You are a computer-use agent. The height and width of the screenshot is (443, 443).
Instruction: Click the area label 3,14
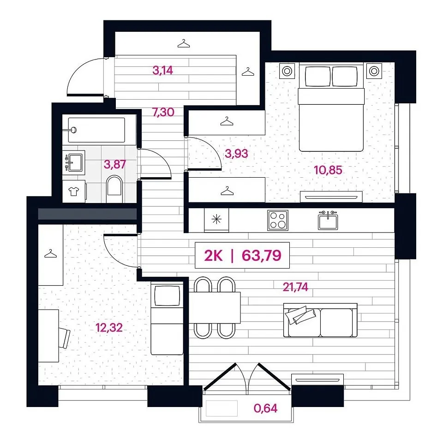click(x=162, y=70)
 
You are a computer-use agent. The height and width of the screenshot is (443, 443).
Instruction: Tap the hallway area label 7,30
click(x=163, y=113)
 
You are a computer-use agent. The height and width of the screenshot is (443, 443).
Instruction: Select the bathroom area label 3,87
click(x=114, y=164)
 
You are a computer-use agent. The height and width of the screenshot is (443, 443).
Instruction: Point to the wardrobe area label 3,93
click(x=236, y=154)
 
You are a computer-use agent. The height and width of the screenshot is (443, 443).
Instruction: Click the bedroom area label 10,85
click(x=328, y=170)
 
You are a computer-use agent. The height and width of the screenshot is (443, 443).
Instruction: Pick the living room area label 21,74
click(x=295, y=287)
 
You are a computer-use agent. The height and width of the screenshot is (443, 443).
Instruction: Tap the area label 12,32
click(x=109, y=328)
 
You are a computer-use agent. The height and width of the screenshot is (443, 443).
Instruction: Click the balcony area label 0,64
click(x=266, y=408)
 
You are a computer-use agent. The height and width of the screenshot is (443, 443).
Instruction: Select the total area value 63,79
click(x=262, y=255)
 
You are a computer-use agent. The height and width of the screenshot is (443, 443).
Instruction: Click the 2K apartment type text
click(x=213, y=256)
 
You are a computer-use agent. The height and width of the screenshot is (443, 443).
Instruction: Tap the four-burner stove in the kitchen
click(x=278, y=221)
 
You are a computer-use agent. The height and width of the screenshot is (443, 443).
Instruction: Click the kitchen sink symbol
click(x=328, y=221)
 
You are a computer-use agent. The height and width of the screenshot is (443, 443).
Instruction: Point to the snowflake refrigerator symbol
click(x=216, y=219)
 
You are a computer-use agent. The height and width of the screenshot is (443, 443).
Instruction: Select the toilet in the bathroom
click(x=115, y=189)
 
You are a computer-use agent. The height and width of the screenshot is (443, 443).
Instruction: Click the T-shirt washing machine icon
click(x=74, y=192)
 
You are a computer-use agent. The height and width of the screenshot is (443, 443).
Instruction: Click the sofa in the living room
click(x=320, y=320)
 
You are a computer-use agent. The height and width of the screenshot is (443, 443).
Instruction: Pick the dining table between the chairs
click(x=215, y=307)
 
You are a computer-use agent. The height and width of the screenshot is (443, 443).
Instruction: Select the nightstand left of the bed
click(x=287, y=71)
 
